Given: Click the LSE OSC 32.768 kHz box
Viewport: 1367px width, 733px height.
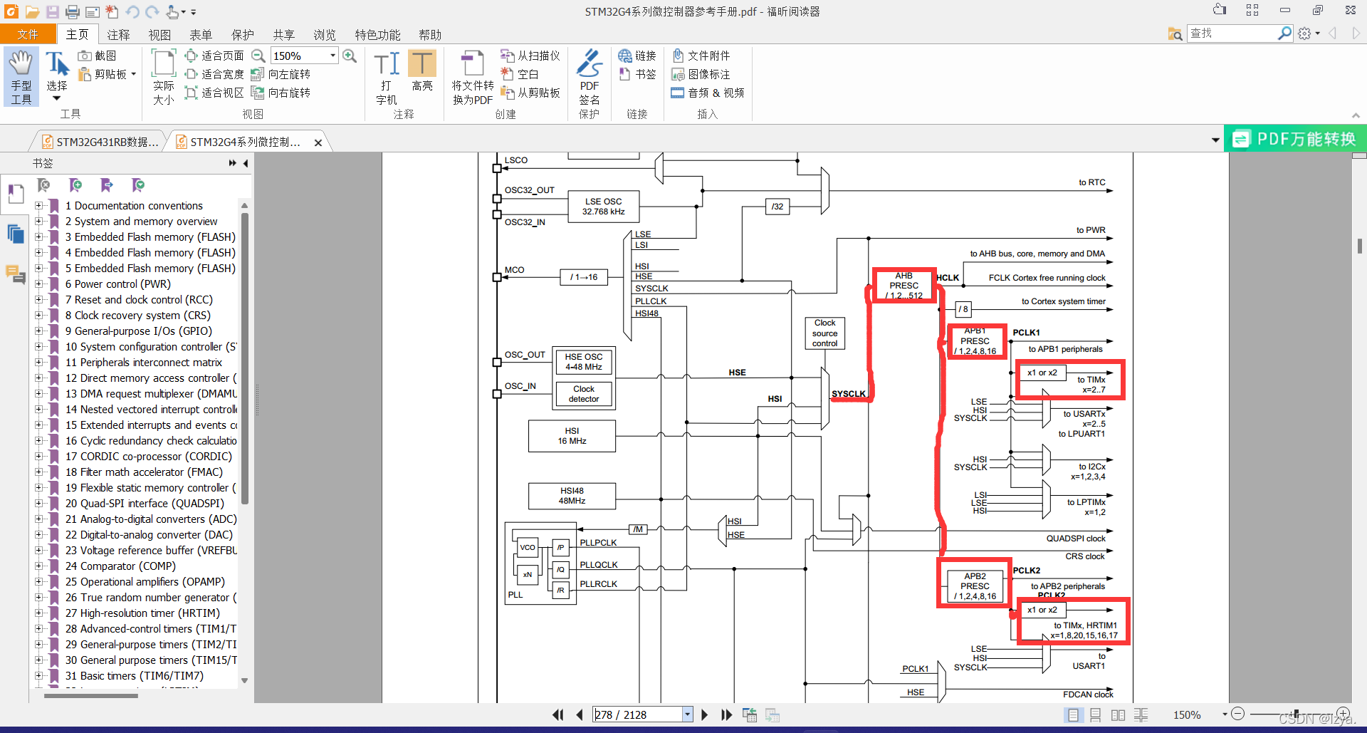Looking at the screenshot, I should point(603,207).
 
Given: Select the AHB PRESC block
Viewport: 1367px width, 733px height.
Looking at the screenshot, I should point(904,286).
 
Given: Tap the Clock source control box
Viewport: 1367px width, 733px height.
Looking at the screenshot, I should point(824,333).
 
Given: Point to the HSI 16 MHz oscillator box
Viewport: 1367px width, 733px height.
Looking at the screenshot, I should point(572,436).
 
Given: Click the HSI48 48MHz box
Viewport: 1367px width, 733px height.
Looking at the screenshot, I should point(572,496).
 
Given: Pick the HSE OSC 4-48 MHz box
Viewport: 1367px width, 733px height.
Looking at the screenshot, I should point(584,362).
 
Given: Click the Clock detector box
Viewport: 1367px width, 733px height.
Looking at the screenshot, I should point(584,394).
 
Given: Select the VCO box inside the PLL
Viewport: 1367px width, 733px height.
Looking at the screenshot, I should point(528,548).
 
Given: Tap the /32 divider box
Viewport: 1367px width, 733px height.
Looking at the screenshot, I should point(777,207).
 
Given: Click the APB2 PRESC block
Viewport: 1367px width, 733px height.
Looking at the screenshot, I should point(975,586).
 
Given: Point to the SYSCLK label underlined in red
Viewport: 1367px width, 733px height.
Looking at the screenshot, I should point(849,394).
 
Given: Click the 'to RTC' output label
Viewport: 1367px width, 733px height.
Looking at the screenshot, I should point(1091,182).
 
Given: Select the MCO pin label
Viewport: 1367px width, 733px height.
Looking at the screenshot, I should point(514,270).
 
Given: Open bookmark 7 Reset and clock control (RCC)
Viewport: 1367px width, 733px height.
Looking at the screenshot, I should point(139,300).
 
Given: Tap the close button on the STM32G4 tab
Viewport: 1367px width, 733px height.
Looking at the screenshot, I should point(318,142).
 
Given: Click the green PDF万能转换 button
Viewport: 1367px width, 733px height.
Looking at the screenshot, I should point(1295,139).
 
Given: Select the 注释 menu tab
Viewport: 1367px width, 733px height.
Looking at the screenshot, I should point(118,35).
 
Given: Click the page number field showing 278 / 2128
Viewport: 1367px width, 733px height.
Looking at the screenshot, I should point(638,714).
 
